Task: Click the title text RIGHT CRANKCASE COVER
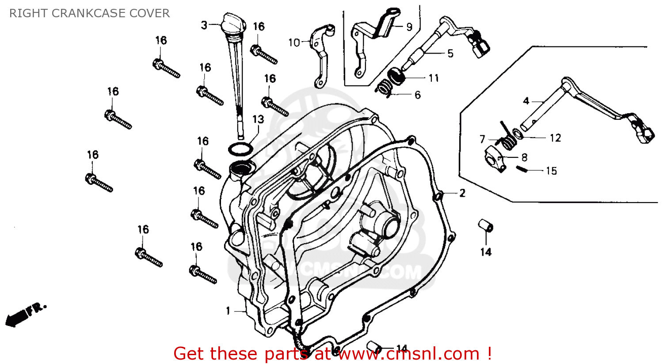89,13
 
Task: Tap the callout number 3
204,25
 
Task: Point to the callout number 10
294,42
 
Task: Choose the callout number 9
409,27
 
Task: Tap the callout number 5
450,54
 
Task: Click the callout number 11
434,78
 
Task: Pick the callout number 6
417,95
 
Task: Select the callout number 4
526,101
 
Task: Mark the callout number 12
555,138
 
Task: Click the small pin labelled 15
522,168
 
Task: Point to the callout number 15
551,171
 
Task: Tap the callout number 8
524,157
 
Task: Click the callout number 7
482,139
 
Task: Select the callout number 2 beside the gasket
462,193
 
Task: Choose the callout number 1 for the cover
228,311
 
